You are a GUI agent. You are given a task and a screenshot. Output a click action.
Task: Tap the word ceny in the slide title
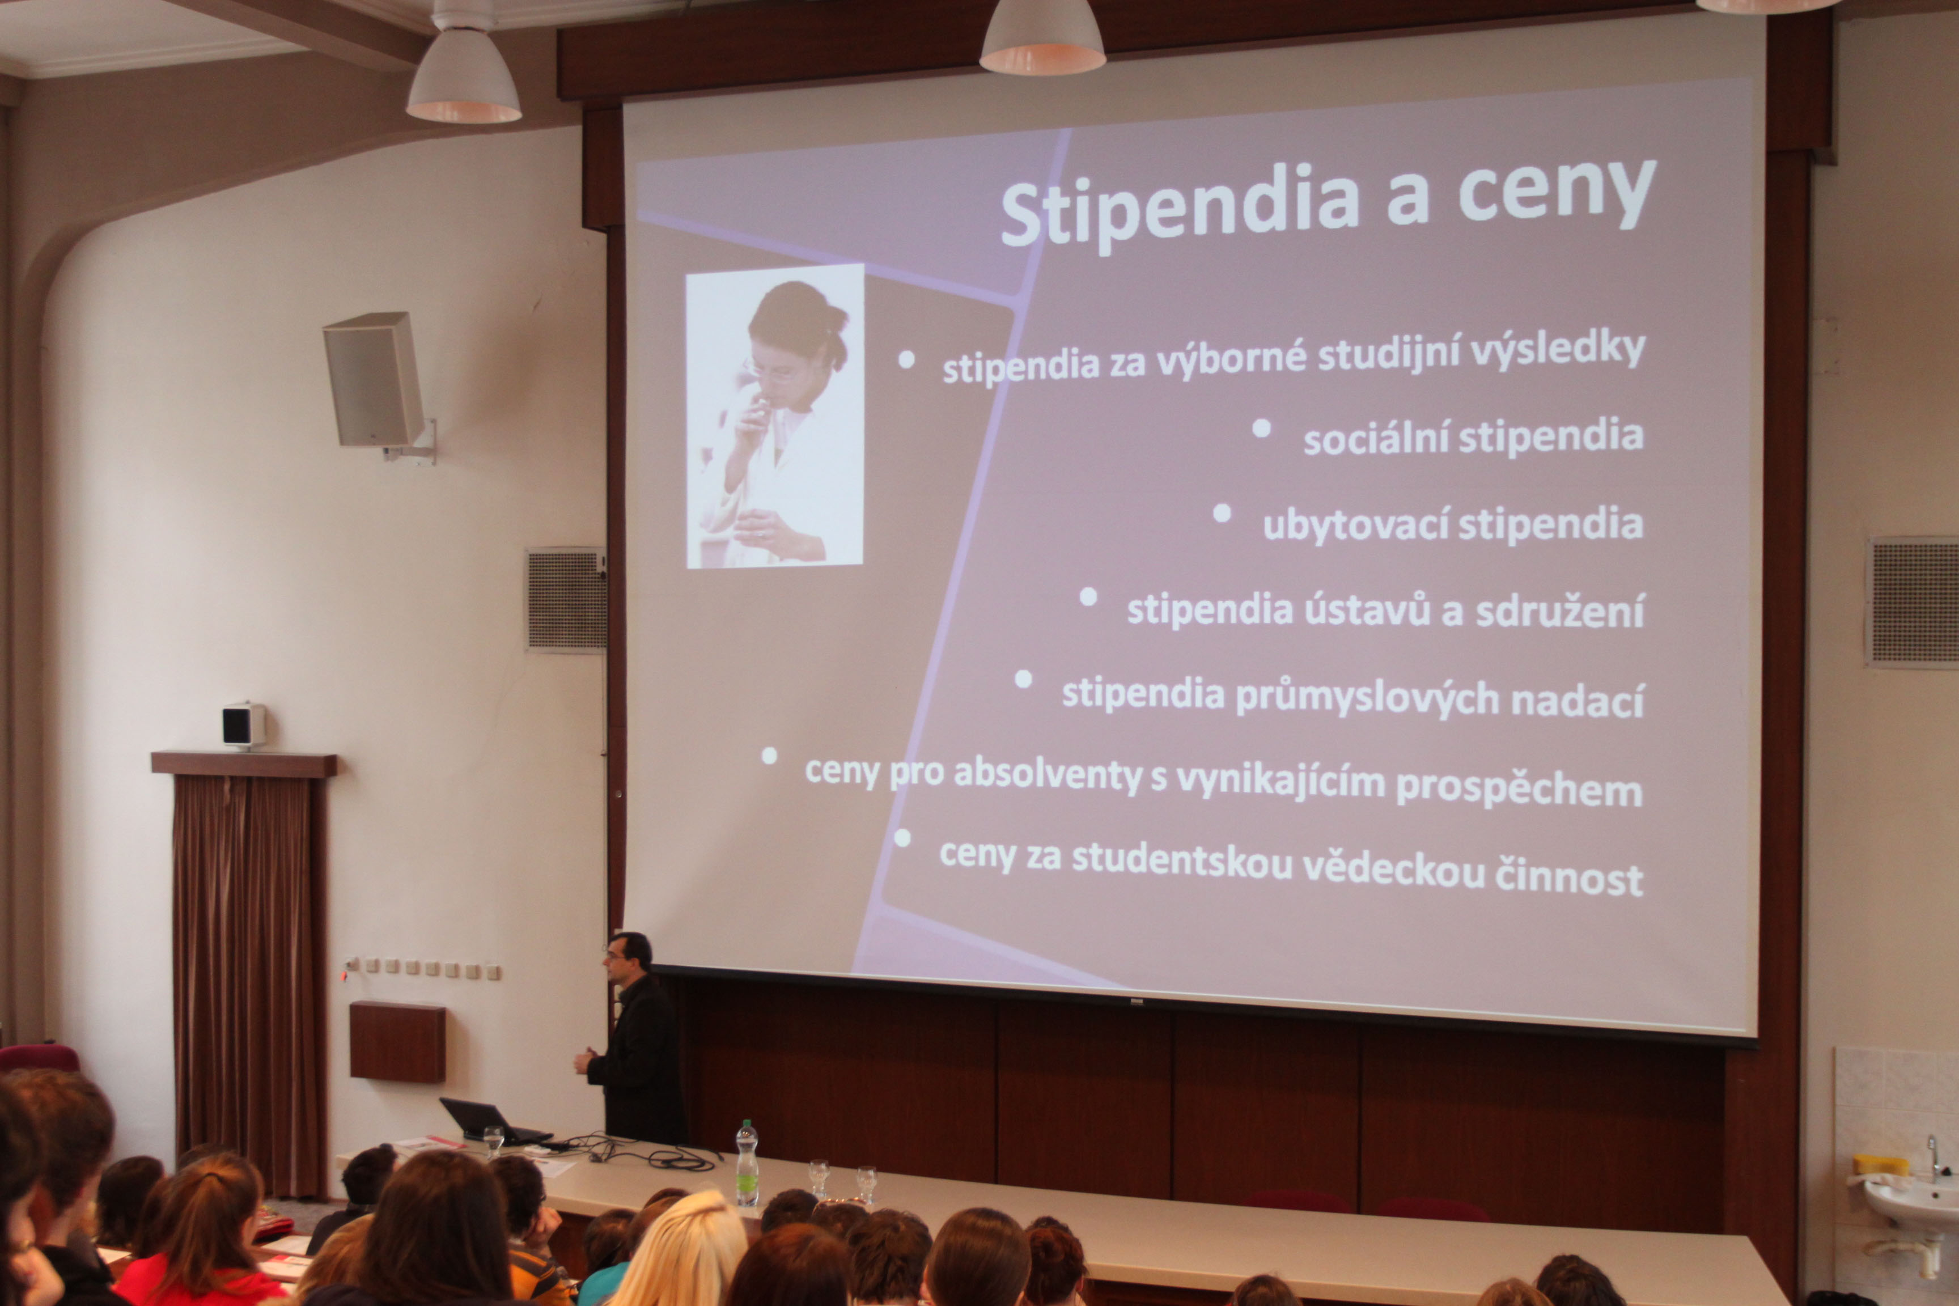point(1557,193)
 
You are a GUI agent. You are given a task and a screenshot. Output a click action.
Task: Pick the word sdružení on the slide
point(1559,612)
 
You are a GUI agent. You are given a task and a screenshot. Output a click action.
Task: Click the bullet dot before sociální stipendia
point(1262,428)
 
